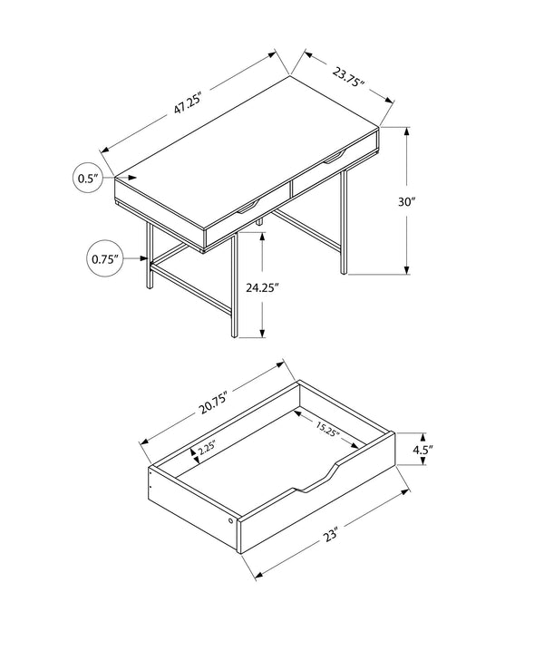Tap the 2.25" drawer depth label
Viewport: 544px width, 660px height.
tap(206, 448)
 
